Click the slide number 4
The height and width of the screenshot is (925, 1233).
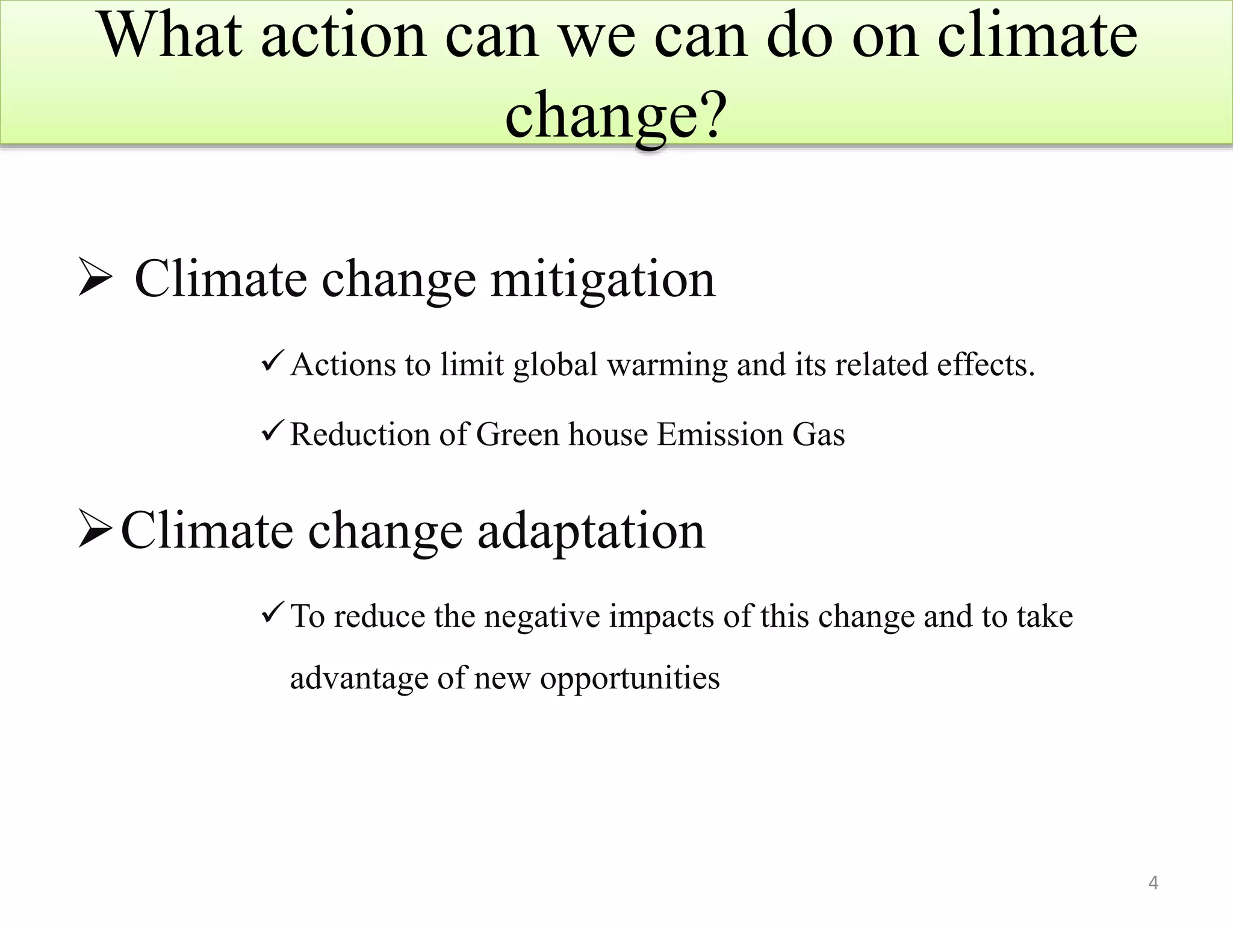(x=1153, y=883)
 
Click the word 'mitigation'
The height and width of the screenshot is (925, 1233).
(x=603, y=279)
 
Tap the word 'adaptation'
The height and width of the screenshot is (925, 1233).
(x=591, y=531)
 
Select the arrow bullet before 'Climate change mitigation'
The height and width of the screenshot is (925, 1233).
(x=95, y=277)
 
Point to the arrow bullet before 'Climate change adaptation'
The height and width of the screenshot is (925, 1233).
(x=95, y=529)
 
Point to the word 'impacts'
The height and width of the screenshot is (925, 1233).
(x=661, y=617)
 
